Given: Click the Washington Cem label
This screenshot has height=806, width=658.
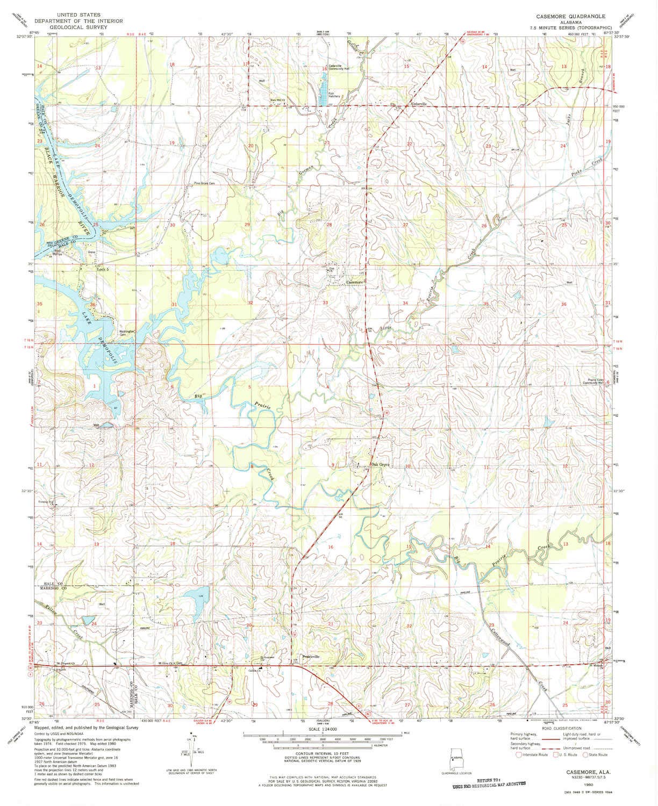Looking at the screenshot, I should tap(127, 333).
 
